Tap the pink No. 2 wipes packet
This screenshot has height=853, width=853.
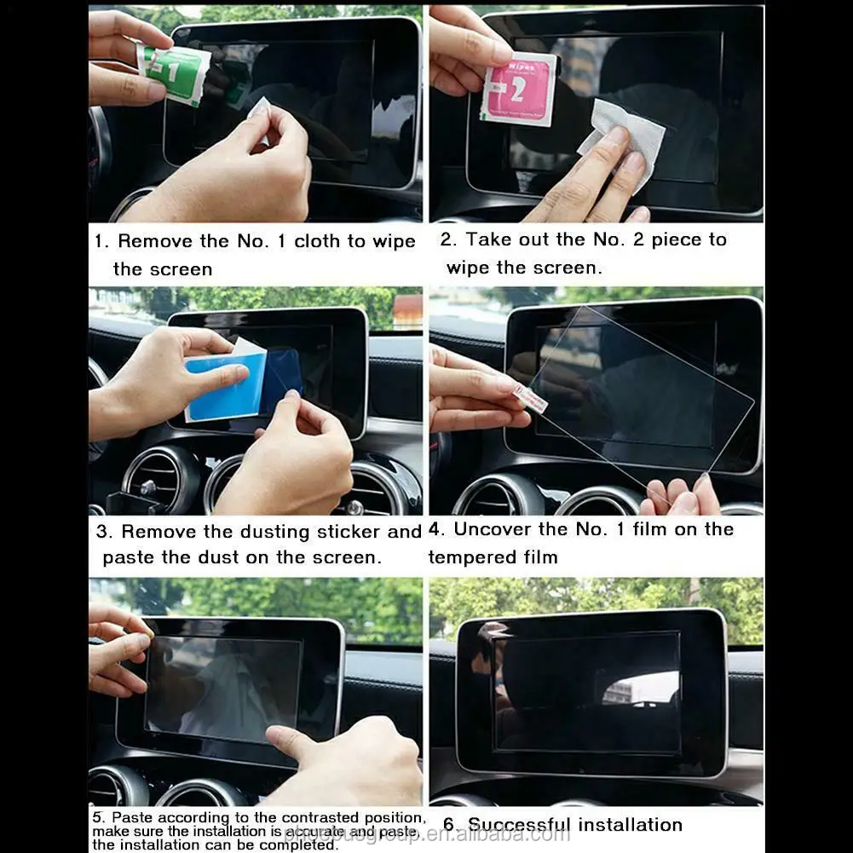coord(518,89)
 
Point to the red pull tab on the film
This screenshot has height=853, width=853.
coord(532,397)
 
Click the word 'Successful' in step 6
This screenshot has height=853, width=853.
coord(519,825)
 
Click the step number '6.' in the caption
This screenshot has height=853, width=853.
coord(452,825)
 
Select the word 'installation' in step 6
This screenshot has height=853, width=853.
coord(630,825)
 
